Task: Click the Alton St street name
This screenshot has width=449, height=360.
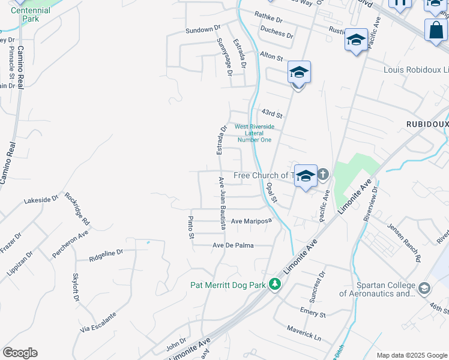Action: tap(271, 57)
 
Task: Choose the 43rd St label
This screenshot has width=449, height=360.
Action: tap(272, 114)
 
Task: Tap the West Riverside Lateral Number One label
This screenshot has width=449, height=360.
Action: tap(254, 133)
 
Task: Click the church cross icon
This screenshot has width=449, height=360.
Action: tap(323, 175)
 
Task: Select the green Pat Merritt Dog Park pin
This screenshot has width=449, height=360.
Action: tap(275, 283)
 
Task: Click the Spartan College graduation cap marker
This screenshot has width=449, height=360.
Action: tap(424, 289)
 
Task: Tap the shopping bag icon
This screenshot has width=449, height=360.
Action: tap(436, 30)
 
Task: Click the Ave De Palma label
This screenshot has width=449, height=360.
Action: tap(233, 245)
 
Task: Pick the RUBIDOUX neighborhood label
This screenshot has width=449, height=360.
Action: tap(427, 124)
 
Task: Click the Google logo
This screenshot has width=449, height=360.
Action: tap(20, 353)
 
